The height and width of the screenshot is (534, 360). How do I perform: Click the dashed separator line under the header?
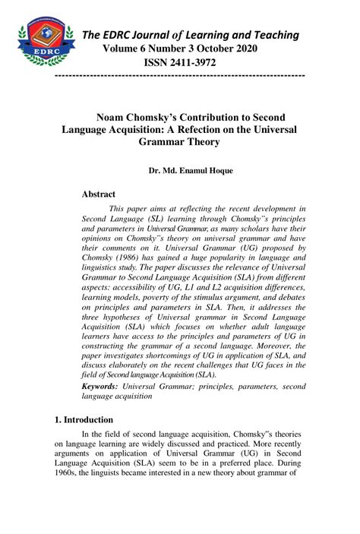181,76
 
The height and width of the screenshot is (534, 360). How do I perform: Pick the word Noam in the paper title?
111,117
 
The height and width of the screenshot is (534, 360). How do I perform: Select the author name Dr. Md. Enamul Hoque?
191,171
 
